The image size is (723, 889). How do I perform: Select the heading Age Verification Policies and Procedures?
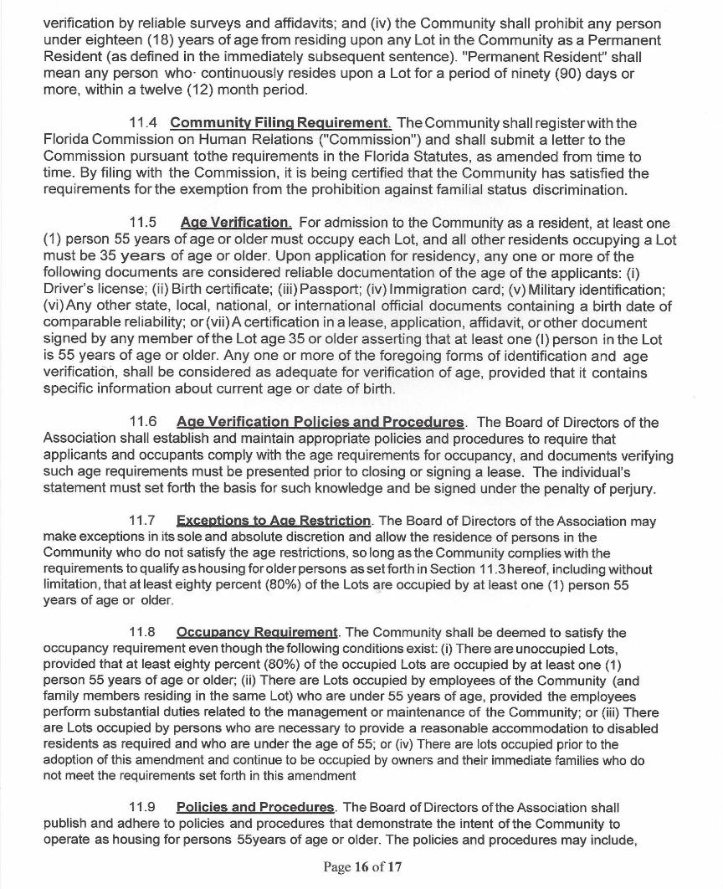click(x=320, y=422)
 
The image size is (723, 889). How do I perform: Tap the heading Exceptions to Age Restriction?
click(x=274, y=522)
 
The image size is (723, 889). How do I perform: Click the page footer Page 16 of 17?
click(x=362, y=866)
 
